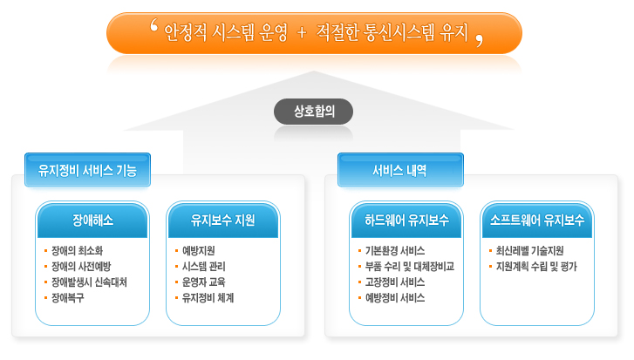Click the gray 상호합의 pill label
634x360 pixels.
pos(313,111)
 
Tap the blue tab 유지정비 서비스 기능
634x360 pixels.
pos(87,170)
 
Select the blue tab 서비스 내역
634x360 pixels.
pos(400,170)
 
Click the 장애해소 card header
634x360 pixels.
pos(92,221)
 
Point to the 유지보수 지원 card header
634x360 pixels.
pos(223,221)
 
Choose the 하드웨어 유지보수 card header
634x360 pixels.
pos(406,221)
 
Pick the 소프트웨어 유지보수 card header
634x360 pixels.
pos(537,221)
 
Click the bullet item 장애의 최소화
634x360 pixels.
pos(77,250)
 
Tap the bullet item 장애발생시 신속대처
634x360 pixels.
pos(89,282)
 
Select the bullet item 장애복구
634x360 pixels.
pos(67,298)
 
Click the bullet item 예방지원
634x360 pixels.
pos(199,250)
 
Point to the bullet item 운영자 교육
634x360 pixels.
pos(203,282)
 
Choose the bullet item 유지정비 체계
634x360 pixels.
pos(208,298)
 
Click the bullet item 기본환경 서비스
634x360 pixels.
pos(395,250)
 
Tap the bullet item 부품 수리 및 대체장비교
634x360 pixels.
pos(410,266)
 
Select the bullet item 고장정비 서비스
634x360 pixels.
pos(395,282)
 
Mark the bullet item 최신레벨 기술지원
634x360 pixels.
pos(529,250)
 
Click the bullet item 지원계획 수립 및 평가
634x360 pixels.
pos(536,266)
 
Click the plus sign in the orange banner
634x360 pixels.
pos(301,32)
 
